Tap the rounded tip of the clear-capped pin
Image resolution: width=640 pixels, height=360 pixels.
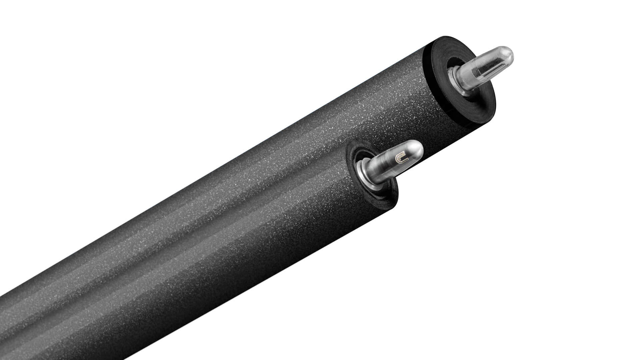coord(509,54)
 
